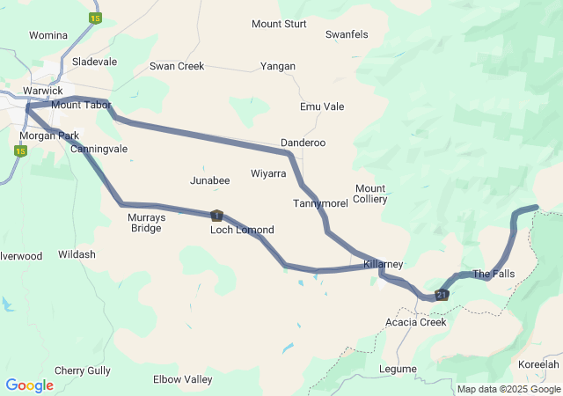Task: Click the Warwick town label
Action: pos(43,91)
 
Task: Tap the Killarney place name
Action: pos(383,264)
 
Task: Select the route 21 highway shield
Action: pos(442,295)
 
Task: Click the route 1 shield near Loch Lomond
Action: pos(216,215)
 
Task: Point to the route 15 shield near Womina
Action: pos(95,18)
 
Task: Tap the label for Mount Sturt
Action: pos(279,24)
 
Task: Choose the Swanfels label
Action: pos(347,34)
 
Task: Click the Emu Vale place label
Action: pos(322,106)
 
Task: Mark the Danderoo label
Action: pos(303,143)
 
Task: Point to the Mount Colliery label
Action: pos(370,194)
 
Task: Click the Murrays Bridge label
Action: pos(145,223)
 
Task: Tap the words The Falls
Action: pos(494,274)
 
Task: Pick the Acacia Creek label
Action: pos(416,322)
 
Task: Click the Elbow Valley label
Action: pos(183,380)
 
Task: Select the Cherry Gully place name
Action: pos(83,370)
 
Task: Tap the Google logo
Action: pos(30,385)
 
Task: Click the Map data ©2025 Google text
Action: pos(508,389)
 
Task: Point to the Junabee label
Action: pos(209,180)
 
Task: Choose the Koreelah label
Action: pos(538,364)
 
